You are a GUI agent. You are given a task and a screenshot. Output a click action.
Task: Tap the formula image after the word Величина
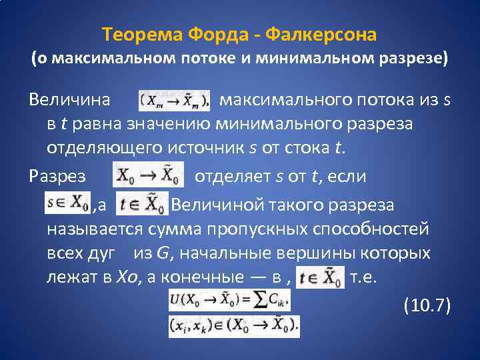174,101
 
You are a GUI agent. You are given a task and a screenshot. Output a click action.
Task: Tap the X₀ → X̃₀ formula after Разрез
148,175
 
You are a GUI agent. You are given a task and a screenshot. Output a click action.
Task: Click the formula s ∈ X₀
67,202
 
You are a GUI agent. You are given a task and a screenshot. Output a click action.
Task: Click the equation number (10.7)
427,305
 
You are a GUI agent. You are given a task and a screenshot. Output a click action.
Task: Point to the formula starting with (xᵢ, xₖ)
234,325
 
